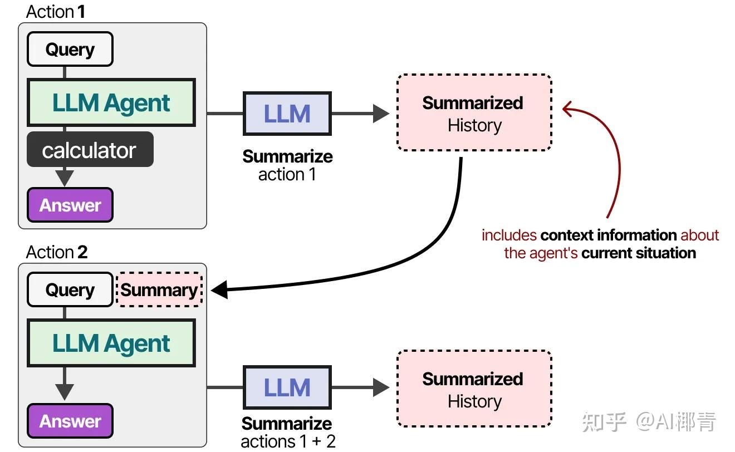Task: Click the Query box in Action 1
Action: tap(70, 49)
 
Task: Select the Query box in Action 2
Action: tap(70, 289)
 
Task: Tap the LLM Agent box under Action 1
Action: tap(111, 103)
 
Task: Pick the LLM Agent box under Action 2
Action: tap(111, 343)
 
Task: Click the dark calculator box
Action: tap(90, 150)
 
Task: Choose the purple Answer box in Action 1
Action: tap(70, 205)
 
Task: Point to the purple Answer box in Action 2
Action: tap(70, 421)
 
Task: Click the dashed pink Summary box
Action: tap(159, 289)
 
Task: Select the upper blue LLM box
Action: tap(287, 114)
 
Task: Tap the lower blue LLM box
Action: tap(287, 387)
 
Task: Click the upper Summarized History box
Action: tap(474, 114)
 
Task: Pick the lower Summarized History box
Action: tap(474, 389)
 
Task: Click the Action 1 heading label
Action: tap(55, 11)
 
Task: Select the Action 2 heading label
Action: tap(56, 252)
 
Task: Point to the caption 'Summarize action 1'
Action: tap(287, 165)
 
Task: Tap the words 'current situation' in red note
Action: tap(638, 253)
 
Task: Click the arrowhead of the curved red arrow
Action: tap(568, 108)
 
